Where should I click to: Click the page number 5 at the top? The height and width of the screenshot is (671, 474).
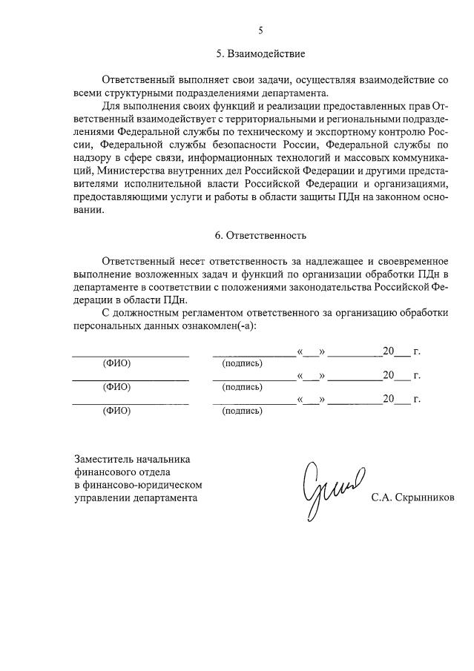tap(260, 30)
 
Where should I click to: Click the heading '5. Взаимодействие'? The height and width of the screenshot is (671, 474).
tap(260, 55)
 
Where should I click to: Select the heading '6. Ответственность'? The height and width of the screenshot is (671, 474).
tap(260, 236)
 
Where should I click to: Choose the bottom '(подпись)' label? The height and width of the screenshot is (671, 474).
tap(243, 410)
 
